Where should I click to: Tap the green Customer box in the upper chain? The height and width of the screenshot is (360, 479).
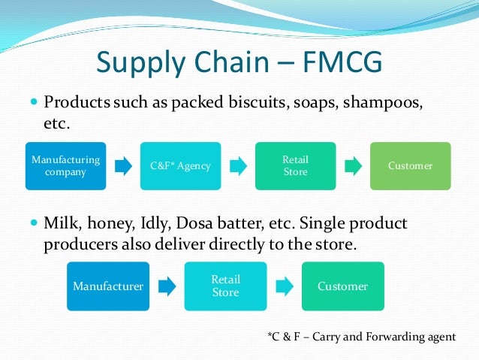pyautogui.click(x=410, y=165)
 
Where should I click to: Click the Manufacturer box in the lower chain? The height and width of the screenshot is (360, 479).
pyautogui.click(x=107, y=286)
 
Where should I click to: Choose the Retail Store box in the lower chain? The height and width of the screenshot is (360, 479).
pyautogui.click(x=225, y=286)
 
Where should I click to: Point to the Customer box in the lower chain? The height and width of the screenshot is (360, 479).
pyautogui.click(x=342, y=286)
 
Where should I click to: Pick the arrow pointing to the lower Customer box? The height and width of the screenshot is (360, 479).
pyautogui.click(x=284, y=286)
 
